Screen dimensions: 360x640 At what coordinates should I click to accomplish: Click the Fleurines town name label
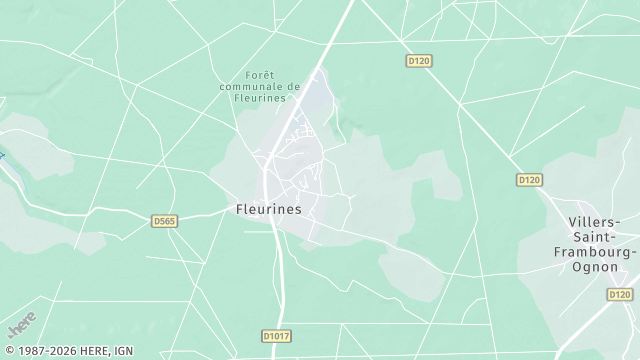click(x=268, y=210)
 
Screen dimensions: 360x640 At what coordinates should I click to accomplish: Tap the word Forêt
click(x=260, y=75)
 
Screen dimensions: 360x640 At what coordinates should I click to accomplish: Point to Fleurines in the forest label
click(x=260, y=98)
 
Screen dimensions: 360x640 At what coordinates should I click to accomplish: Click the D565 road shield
click(x=164, y=221)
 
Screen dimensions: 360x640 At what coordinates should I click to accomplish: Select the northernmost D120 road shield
click(x=419, y=61)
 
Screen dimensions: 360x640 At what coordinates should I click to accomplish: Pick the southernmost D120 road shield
click(x=620, y=295)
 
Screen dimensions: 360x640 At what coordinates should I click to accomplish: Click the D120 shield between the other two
click(x=529, y=180)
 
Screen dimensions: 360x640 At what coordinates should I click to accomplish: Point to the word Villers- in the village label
click(x=594, y=221)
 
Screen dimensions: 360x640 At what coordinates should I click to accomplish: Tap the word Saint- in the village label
click(x=594, y=236)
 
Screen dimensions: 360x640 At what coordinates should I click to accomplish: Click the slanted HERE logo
click(x=20, y=324)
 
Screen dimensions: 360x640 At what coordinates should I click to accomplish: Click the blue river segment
click(x=3, y=156)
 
